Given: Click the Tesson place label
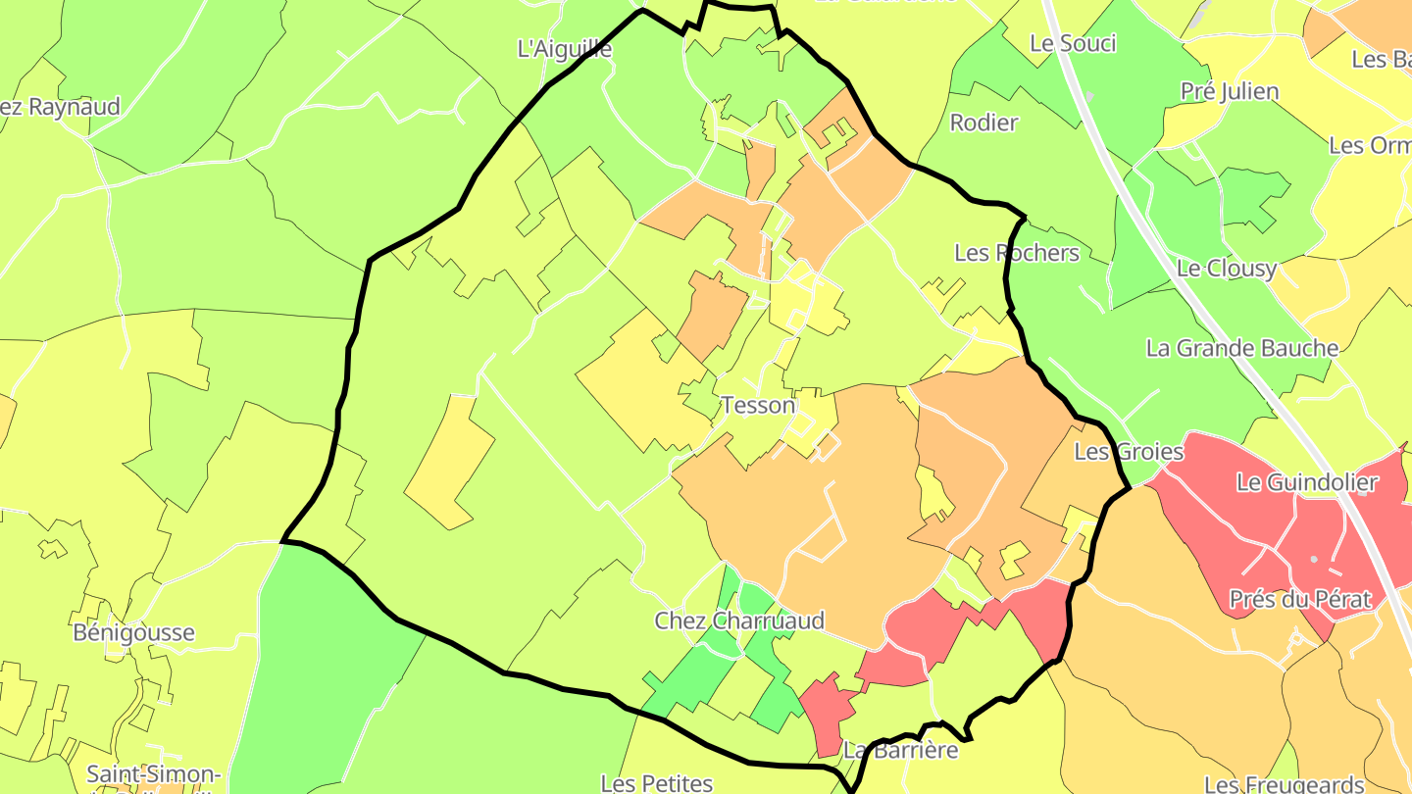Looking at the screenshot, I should pos(758,405).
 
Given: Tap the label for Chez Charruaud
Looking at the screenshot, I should pos(739,620).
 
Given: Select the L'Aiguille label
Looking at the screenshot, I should pos(564,48).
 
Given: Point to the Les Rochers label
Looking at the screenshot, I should pos(1017,253).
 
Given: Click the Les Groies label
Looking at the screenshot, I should pos(1129,452).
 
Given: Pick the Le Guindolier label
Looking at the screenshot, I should pos(1307,482).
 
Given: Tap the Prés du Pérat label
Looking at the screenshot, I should pos(1299,599).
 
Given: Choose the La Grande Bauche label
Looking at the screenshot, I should pos(1242,348).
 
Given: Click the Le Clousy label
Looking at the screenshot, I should pos(1227,269).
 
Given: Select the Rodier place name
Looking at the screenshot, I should pos(984,123).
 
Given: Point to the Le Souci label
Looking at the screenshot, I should pos(1073,43).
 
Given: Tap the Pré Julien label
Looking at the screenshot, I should pos(1230,92).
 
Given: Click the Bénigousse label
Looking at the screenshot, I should pos(134,632).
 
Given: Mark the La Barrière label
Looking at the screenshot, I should pos(900,751).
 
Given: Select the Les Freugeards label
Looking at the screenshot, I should pos(1284,783).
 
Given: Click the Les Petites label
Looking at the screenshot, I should pos(656,782).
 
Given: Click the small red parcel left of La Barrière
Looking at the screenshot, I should pos(829,711).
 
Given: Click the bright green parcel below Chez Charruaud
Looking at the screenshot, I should pos(690,681).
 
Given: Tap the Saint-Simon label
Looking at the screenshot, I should pos(152,774).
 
